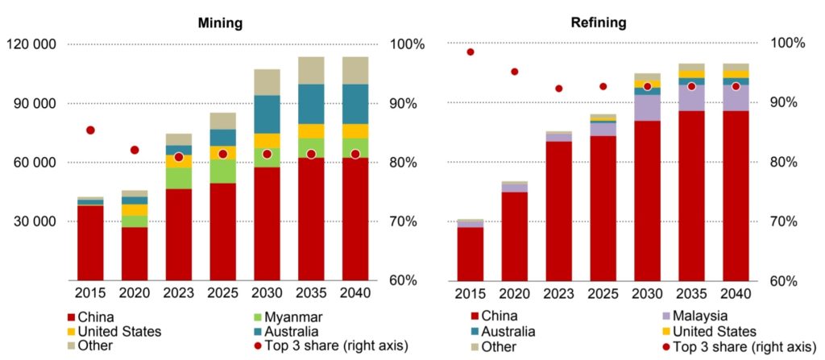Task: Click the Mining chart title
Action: click(220, 23)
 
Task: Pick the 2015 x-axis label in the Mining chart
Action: click(90, 292)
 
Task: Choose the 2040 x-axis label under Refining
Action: click(736, 292)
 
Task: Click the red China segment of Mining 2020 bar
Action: click(135, 253)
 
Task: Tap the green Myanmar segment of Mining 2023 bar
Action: click(179, 178)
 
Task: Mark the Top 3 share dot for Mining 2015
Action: click(90, 130)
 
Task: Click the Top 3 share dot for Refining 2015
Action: click(471, 52)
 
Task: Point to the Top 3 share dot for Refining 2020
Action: click(515, 72)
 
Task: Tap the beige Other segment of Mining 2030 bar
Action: click(267, 82)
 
